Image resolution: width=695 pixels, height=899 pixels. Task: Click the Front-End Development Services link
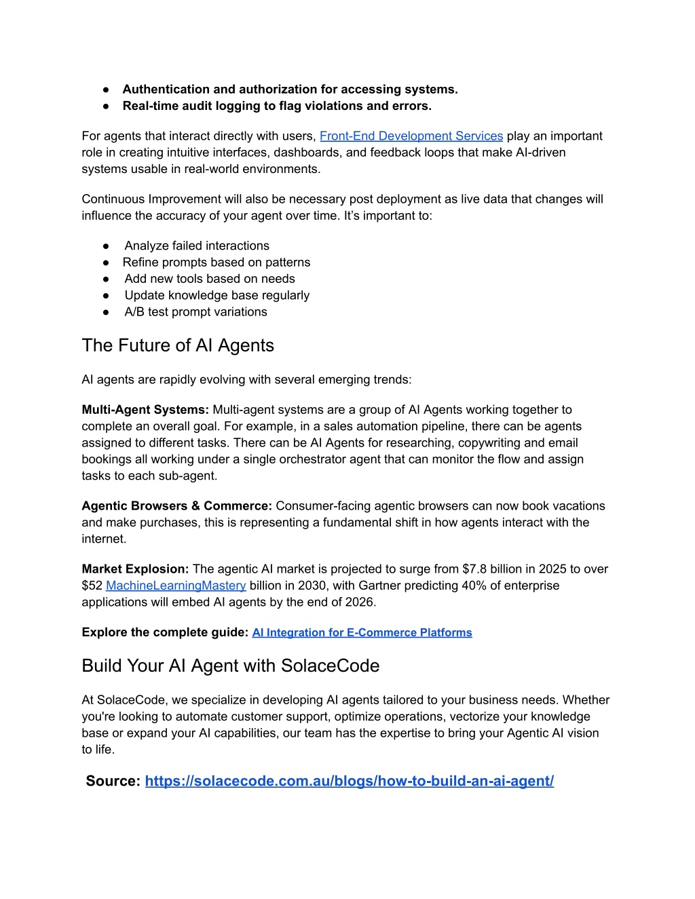(411, 136)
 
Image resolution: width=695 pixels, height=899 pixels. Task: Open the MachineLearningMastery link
(176, 586)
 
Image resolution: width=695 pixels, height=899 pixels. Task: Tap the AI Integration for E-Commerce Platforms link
(362, 632)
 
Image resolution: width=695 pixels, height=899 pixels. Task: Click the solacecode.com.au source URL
(349, 781)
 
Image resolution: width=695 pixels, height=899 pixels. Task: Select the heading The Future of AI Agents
(178, 345)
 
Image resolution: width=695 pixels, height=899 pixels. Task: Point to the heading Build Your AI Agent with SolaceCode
(230, 666)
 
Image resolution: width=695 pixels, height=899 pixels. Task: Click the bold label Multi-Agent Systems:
(145, 410)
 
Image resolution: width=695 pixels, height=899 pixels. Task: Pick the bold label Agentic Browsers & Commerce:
(176, 506)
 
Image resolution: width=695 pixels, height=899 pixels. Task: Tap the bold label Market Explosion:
(135, 569)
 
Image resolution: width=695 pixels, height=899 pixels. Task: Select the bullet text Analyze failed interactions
(197, 246)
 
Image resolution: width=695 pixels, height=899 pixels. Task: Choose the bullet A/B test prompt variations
(195, 312)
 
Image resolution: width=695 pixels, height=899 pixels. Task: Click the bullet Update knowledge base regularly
(217, 295)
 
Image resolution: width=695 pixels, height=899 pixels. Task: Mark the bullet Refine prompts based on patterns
(216, 263)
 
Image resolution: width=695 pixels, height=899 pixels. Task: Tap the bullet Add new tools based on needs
(209, 279)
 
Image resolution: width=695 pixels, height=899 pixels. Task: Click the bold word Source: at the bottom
(113, 781)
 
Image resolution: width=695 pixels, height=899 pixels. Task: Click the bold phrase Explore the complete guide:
(165, 632)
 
